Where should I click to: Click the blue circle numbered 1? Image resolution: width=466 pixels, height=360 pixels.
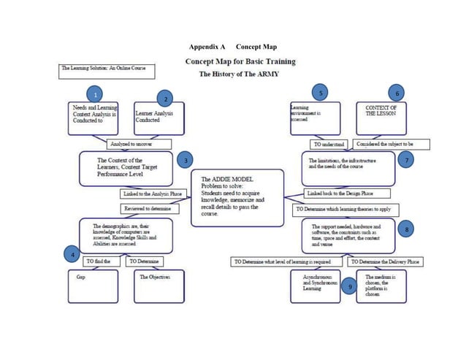tap(93, 94)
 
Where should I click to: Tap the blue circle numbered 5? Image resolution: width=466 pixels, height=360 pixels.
tap(320, 93)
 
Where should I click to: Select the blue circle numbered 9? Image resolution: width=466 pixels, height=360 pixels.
tap(351, 288)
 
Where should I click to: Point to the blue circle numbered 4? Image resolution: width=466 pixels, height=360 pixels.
tap(72, 255)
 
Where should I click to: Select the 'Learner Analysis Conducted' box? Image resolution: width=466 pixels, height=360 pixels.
tap(158, 118)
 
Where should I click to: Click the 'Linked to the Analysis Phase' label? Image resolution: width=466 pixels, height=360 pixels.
tap(150, 194)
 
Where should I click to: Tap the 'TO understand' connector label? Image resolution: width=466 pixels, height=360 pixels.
tap(328, 144)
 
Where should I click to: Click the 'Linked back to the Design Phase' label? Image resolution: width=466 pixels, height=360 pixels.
tap(339, 194)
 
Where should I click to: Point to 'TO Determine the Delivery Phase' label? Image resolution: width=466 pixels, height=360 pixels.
tap(385, 261)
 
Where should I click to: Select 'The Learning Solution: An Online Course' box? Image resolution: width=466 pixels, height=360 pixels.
tap(102, 71)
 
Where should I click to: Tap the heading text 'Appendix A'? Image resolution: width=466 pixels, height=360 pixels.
tap(207, 47)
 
